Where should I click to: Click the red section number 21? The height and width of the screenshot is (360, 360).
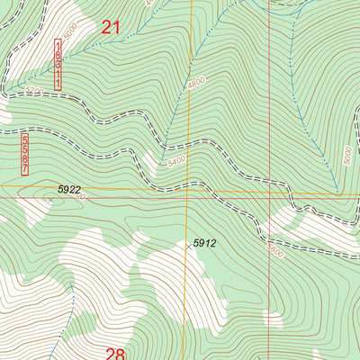[110, 28]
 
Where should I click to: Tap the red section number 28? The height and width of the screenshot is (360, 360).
[116, 353]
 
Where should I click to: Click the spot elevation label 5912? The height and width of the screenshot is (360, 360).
[204, 243]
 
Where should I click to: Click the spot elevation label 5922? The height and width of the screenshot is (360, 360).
[69, 189]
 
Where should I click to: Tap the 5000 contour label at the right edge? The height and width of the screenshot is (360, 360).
[347, 155]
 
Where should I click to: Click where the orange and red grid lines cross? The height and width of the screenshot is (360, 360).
[269, 192]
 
